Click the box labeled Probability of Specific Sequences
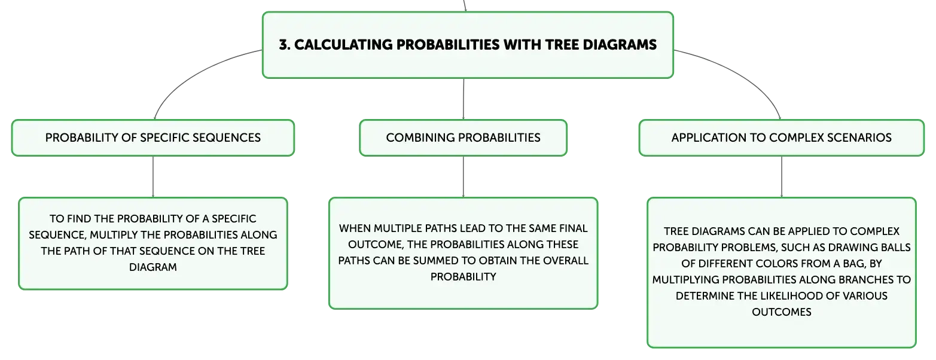pos(153,138)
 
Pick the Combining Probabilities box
pos(463,138)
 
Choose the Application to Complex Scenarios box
pos(781,138)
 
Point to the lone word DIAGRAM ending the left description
pos(153,267)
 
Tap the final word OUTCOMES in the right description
pos(781,312)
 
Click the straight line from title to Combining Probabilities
pos(464,99)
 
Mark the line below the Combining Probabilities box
pos(464,176)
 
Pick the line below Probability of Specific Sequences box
pos(153,176)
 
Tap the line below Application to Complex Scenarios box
pos(781,176)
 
